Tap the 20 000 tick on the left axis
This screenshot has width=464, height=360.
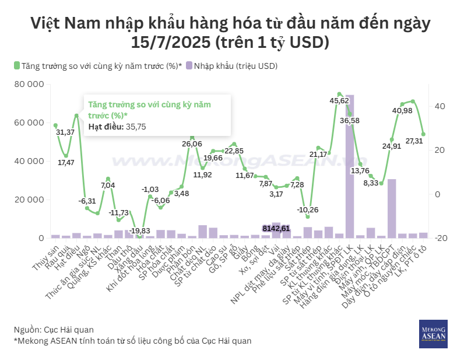[29, 200]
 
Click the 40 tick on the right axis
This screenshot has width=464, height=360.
[439, 106]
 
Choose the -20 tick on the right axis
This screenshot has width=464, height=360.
[440, 238]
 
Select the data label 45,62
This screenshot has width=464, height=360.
[340, 101]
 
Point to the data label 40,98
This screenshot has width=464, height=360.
[403, 111]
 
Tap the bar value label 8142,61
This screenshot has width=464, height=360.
[276, 228]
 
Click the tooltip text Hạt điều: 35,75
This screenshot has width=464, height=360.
[117, 126]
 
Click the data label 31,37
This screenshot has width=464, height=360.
[65, 132]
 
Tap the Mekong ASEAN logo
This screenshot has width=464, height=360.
[433, 334]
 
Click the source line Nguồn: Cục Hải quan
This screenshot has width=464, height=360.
[54, 330]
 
